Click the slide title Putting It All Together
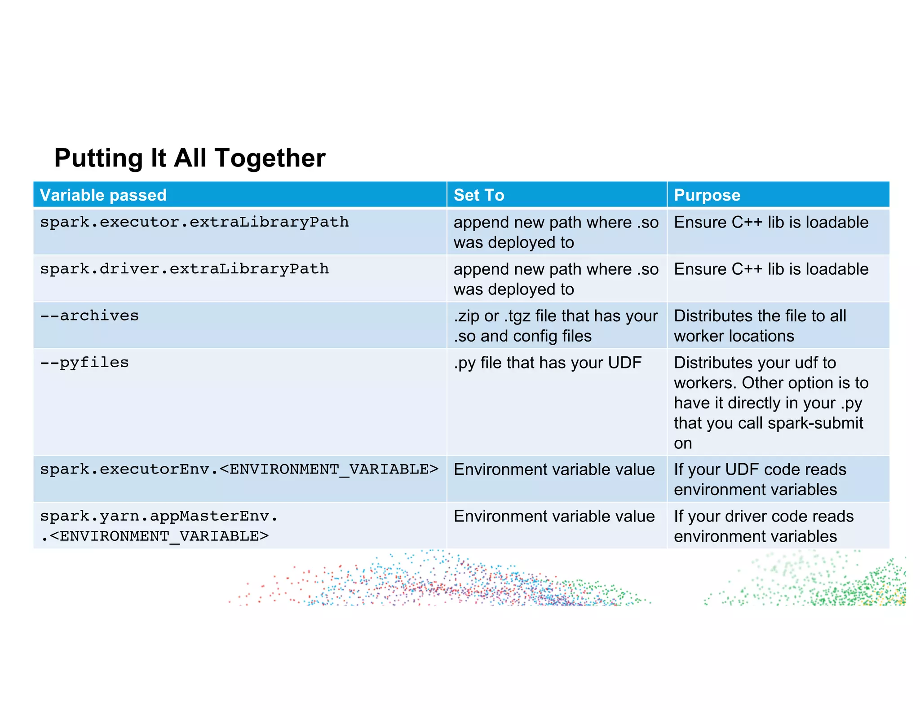(190, 158)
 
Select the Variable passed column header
(103, 195)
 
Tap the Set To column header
(479, 195)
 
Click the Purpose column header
(707, 195)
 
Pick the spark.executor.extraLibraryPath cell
(194, 222)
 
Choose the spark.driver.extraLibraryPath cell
(184, 269)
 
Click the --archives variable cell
(89, 316)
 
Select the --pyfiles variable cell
(84, 362)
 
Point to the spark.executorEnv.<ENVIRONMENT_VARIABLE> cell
(239, 469)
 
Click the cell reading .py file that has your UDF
(547, 363)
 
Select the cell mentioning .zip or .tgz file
(555, 326)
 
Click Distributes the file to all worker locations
(760, 326)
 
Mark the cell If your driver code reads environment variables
(763, 526)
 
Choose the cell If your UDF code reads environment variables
(760, 479)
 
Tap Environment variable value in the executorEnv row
(554, 469)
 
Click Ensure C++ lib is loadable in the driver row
(771, 269)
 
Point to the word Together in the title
(270, 158)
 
